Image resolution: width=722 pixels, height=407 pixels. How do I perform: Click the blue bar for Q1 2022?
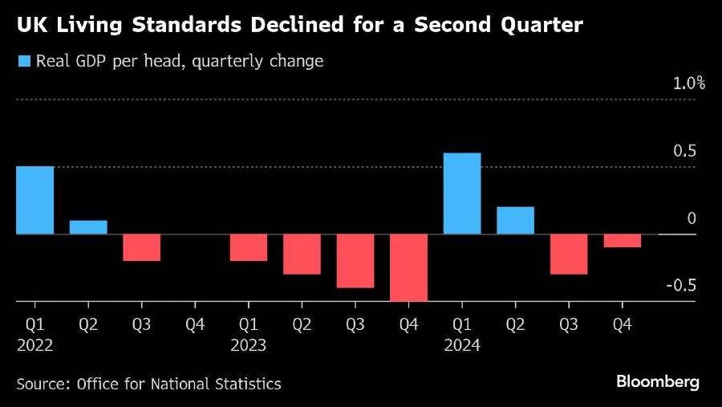coord(34,201)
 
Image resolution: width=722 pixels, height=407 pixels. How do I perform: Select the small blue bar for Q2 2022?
coord(88,227)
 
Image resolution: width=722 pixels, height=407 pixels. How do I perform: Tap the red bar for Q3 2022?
coord(141,247)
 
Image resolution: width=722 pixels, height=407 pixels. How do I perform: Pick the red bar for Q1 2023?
coord(248,247)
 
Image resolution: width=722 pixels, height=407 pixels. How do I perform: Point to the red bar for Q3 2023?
coord(355,261)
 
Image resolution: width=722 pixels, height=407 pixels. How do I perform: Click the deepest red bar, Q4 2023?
coord(408,267)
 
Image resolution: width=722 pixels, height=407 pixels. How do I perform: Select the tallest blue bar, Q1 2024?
coord(462,193)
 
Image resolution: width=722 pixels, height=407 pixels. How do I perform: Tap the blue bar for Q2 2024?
coord(515,221)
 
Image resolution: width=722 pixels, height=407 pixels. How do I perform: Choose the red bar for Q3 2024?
coord(569,254)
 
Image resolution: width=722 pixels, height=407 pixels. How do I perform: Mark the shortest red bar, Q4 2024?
coord(622,241)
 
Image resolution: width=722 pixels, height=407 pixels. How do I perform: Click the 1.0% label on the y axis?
coord(688,83)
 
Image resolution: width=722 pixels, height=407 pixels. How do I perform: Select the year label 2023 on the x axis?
coord(248,345)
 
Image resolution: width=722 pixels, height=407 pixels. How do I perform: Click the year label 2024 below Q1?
coord(462,345)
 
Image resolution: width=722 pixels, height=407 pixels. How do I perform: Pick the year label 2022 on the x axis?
coord(34,345)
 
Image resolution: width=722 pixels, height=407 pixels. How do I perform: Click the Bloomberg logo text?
coord(657,381)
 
